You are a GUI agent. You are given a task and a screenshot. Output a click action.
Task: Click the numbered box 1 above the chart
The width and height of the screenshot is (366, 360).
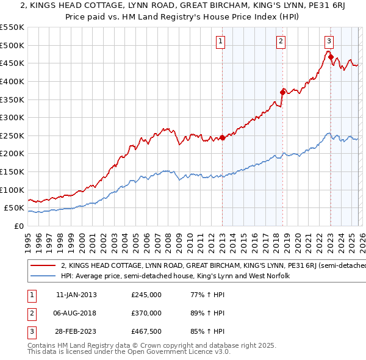[x=220, y=41]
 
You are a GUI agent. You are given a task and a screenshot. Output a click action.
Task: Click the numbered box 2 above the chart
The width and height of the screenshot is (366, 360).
[x=280, y=41]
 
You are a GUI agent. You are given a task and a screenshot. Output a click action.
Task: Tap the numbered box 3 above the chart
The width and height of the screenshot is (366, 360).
[x=329, y=41]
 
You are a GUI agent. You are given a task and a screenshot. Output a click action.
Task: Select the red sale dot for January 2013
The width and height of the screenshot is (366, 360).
[x=222, y=138]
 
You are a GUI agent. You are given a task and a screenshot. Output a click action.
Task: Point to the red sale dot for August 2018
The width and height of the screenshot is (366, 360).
[x=282, y=92]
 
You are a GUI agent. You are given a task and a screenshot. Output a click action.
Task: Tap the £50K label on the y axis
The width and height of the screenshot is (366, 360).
[x=14, y=208]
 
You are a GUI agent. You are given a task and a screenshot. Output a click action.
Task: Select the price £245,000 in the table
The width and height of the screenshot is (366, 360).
[x=146, y=295]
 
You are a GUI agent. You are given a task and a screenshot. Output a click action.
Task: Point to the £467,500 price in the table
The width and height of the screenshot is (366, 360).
[x=146, y=331]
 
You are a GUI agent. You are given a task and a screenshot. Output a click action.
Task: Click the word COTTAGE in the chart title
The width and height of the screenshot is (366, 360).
[x=99, y=7]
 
